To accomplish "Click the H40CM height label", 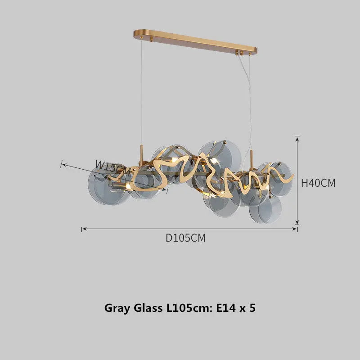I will [318, 183].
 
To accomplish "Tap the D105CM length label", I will [185, 238].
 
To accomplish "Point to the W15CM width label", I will [115, 167].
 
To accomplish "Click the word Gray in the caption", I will [118, 308].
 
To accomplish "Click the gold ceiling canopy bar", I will [195, 41].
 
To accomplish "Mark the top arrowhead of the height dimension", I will [297, 137].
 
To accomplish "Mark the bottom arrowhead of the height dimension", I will [297, 222].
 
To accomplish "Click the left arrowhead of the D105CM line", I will [84, 229].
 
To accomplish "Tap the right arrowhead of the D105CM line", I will [295, 229].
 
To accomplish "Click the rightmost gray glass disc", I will [280, 179].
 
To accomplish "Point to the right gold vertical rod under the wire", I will [251, 158].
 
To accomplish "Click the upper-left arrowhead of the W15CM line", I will [63, 165].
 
